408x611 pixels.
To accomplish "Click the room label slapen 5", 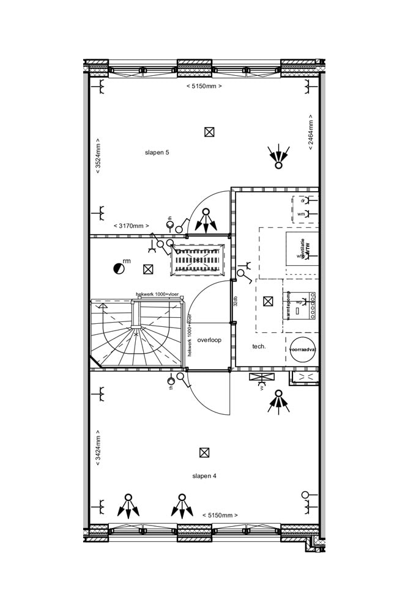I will tap(157, 152).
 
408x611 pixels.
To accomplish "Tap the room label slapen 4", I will tap(204, 475).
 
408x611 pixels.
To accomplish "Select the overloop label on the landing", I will tap(209, 340).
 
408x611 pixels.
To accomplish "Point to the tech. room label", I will tap(259, 346).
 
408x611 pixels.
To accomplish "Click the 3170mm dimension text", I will tap(131, 226).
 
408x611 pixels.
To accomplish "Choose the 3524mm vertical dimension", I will tap(98, 158).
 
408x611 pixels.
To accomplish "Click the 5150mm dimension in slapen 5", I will tap(204, 86).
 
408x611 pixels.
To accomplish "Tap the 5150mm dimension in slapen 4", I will tap(220, 515).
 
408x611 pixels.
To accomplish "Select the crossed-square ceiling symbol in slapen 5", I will tap(209, 131).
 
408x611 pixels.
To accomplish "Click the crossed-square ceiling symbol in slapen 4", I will tap(204, 453).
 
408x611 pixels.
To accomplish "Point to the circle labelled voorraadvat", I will tap(302, 349).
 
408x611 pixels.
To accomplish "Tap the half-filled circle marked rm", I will tap(119, 268).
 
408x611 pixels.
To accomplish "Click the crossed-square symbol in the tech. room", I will tap(267, 301).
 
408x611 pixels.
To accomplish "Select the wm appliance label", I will tap(301, 214).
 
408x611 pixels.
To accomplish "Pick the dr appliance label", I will tap(302, 200).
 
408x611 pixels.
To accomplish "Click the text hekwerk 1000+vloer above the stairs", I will tap(158, 295).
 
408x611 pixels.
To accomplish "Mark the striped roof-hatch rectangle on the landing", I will tap(198, 260).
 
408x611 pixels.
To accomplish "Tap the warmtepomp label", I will tap(286, 305).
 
